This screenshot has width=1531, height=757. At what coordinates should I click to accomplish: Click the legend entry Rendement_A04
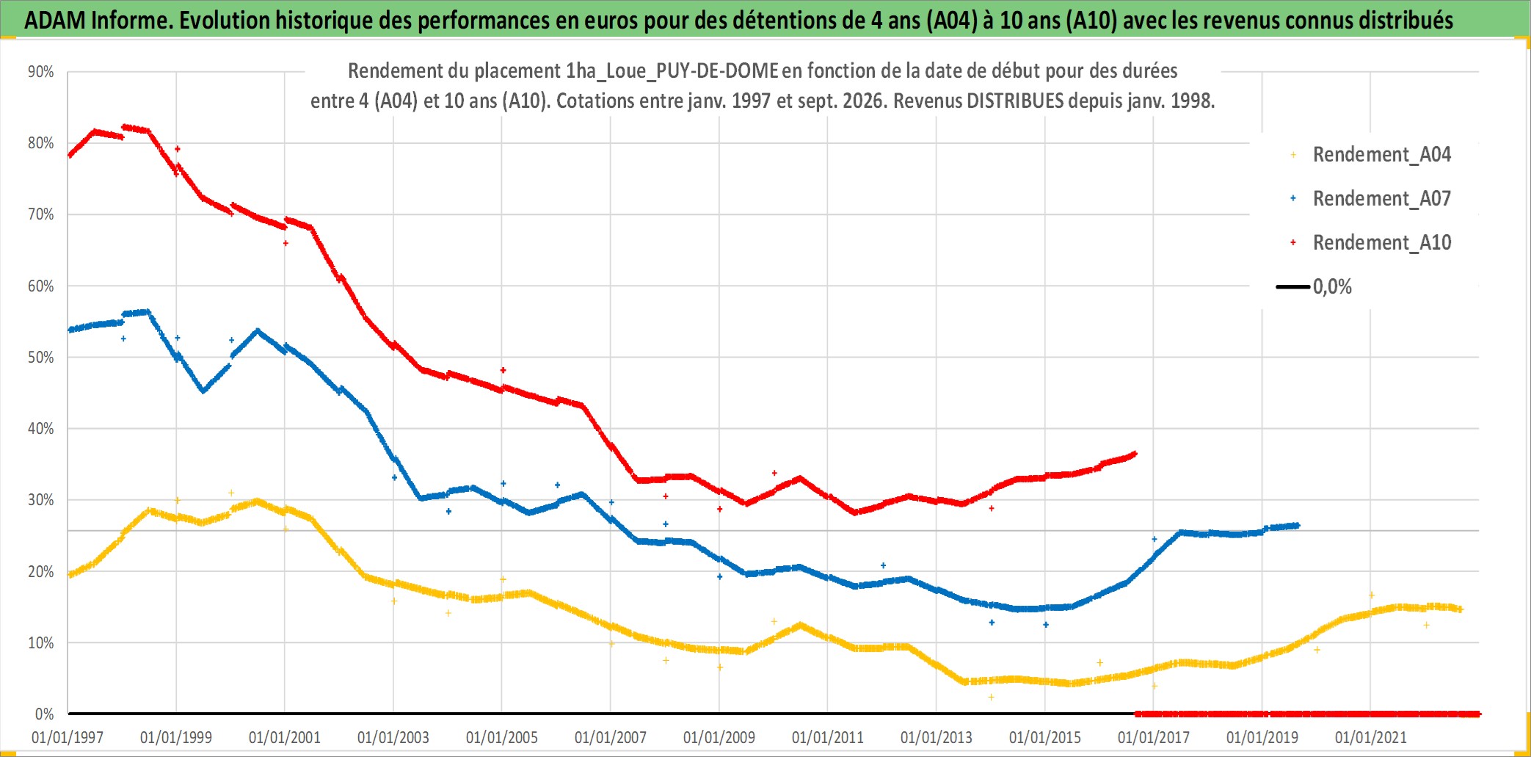coord(1381,155)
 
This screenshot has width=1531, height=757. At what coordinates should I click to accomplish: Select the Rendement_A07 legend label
coord(1381,199)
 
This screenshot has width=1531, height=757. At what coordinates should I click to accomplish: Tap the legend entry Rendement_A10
coord(1381,243)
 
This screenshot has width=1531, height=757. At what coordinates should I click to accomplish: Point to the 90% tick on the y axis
coord(41,72)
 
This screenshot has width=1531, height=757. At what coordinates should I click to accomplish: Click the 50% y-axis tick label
coord(41,358)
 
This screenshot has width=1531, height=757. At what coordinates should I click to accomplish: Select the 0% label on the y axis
coord(45,714)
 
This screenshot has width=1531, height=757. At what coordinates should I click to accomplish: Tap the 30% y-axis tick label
coord(41,500)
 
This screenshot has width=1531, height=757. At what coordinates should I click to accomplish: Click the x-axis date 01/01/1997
coord(68,737)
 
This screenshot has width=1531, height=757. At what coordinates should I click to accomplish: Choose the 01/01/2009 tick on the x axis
coord(719,737)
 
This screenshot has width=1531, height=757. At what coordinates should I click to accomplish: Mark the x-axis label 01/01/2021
coord(1371,737)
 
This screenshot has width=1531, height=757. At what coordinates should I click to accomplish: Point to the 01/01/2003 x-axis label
coord(393,737)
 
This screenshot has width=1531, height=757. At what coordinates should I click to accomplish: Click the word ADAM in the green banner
coord(55,21)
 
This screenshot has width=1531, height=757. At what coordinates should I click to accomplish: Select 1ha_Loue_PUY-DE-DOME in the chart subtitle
coord(672,70)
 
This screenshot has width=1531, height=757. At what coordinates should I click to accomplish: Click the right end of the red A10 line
coord(1135,454)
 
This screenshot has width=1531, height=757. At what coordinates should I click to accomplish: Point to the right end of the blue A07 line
coord(1298,525)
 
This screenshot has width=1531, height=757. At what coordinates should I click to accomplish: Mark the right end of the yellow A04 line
coord(1461,609)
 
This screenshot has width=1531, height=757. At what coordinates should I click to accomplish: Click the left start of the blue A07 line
coord(69,330)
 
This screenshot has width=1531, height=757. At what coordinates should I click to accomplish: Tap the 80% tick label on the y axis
coord(41,143)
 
